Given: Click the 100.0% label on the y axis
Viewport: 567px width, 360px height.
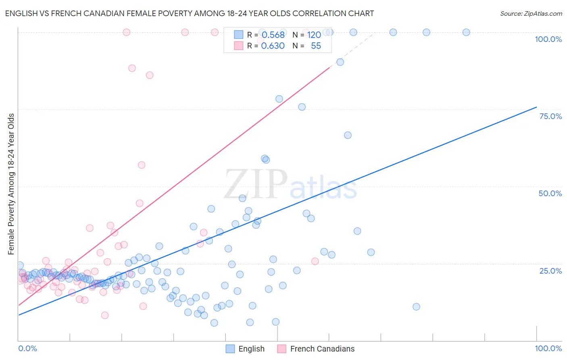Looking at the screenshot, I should coord(548,39).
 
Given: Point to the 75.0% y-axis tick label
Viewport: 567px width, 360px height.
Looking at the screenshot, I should coord(550,116).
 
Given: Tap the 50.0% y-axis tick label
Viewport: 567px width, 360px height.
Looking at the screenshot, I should coord(550,193).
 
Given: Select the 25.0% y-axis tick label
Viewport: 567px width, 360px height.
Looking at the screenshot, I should coord(550,270).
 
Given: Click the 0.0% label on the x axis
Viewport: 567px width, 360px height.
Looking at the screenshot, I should coord(27,348).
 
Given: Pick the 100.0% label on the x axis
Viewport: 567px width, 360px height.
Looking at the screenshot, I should coord(548,348).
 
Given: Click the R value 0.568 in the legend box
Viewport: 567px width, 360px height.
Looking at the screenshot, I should coord(273,35).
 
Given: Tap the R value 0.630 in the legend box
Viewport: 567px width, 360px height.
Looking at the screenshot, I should coord(273,46).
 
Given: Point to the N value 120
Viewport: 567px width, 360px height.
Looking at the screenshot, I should coord(314,35).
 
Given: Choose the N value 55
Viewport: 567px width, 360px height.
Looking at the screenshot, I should coord(316,46).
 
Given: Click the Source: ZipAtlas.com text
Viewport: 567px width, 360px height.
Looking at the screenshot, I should coord(531,13).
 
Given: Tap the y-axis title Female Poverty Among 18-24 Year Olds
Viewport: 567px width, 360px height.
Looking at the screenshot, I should coord(11,184).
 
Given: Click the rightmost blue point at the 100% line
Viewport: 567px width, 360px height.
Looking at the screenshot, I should coord(466,32).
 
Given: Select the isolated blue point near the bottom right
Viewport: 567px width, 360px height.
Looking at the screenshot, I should coord(416,307).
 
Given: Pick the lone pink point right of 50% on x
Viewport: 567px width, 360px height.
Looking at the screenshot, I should coord(315,261).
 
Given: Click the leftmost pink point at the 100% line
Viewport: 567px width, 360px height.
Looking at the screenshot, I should coord(126,32).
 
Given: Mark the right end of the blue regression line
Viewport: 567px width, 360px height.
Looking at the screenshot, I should coord(536,107).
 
